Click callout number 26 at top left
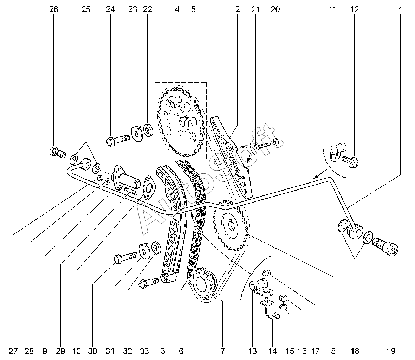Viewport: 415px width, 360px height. [53, 9]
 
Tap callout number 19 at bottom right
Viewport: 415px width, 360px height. [391, 351]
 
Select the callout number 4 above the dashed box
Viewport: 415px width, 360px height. [177, 9]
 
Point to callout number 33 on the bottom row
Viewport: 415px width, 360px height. [144, 351]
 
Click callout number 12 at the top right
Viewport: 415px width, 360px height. [355, 9]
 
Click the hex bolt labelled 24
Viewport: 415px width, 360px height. [118, 140]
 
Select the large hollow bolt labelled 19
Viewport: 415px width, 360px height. [385, 245]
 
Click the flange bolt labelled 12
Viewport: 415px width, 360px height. [349, 160]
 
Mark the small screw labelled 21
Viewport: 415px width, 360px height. [262, 146]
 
